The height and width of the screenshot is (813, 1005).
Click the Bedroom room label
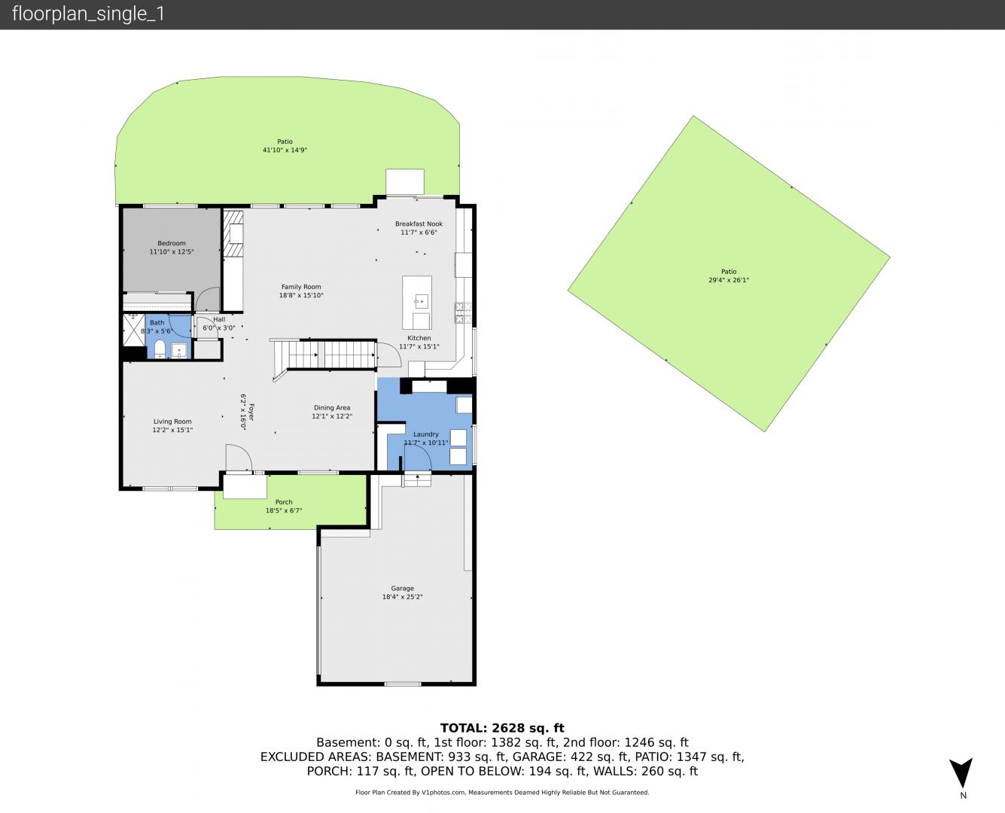pyautogui.click(x=172, y=243)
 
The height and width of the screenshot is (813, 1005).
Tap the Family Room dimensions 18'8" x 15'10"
pyautogui.click(x=301, y=295)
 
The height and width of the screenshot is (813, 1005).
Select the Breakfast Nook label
pyautogui.click(x=419, y=224)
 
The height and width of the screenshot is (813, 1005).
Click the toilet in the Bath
pyautogui.click(x=160, y=349)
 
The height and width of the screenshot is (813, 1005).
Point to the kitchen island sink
pyautogui.click(x=421, y=300)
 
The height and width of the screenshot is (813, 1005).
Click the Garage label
pyautogui.click(x=403, y=589)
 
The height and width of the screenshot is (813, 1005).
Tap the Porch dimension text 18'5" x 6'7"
pyautogui.click(x=284, y=510)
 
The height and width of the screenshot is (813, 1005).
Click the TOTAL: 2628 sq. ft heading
pyautogui.click(x=502, y=728)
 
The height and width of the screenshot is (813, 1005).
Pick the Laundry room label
pyautogui.click(x=426, y=434)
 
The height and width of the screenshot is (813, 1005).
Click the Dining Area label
pyautogui.click(x=332, y=408)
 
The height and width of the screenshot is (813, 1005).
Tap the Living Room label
pyautogui.click(x=172, y=422)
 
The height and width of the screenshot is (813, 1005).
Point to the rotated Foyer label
pyautogui.click(x=251, y=412)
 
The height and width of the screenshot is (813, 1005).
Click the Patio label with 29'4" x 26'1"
pyautogui.click(x=729, y=271)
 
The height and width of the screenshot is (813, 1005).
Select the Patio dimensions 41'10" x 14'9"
pyautogui.click(x=285, y=150)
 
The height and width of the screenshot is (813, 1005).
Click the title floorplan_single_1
pyautogui.click(x=88, y=14)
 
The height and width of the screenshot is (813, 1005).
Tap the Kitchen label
pyautogui.click(x=419, y=338)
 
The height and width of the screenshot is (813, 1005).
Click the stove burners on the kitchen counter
pyautogui.click(x=463, y=313)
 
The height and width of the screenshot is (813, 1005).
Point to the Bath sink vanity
pyautogui.click(x=179, y=351)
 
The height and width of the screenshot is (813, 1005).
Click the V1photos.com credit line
pyautogui.click(x=502, y=792)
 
